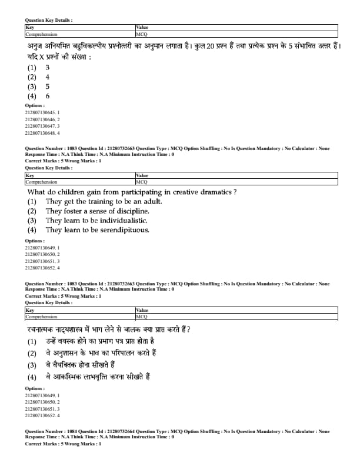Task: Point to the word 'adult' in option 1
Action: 149,202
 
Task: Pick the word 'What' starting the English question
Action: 36,192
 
